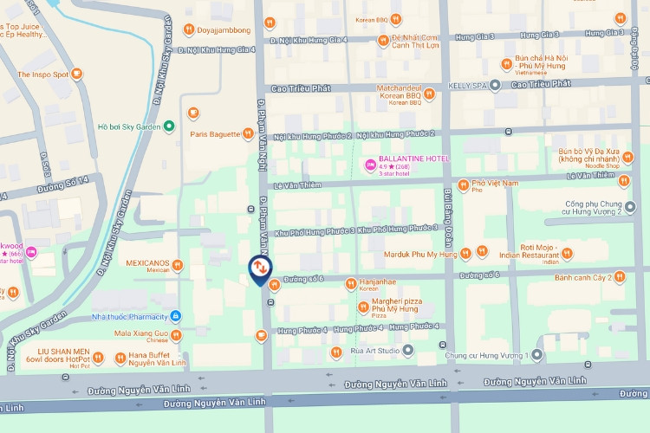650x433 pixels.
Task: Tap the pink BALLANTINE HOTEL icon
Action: click(x=369, y=164)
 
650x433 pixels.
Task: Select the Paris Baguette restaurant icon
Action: click(x=248, y=134)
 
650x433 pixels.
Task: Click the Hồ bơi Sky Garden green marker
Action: click(x=169, y=126)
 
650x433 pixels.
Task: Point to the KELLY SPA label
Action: click(x=468, y=85)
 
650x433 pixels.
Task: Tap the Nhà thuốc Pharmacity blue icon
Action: click(x=176, y=315)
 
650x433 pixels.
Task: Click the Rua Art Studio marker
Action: click(x=407, y=351)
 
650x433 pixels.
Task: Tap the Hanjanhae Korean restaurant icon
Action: click(x=351, y=282)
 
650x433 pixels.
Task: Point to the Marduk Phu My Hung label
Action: click(x=420, y=254)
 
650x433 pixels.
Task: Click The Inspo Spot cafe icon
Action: click(x=76, y=74)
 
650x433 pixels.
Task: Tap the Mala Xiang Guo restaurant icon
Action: click(x=176, y=333)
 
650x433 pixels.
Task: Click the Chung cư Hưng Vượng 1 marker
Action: click(x=537, y=355)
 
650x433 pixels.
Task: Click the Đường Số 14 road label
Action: click(x=63, y=184)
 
